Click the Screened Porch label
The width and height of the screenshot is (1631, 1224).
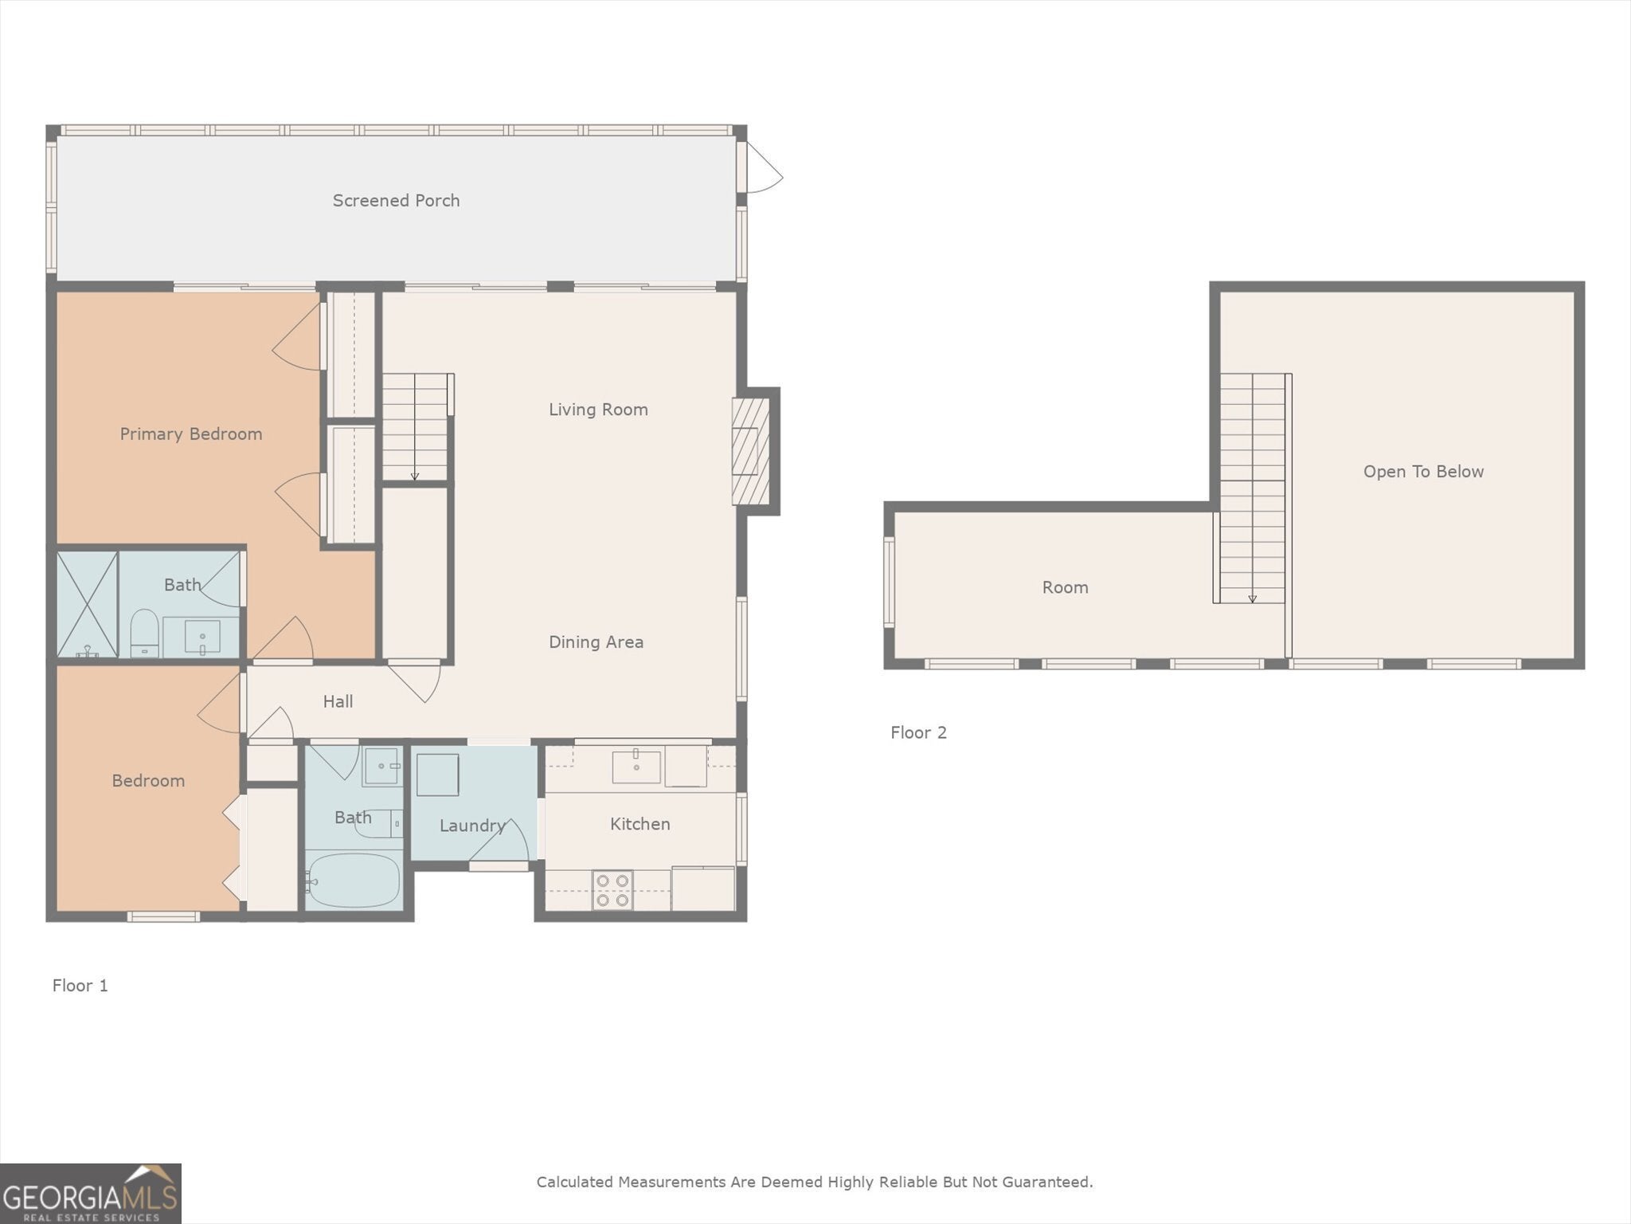[396, 201]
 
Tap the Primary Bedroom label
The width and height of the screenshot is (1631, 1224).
[191, 434]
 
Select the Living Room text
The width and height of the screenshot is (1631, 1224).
[598, 410]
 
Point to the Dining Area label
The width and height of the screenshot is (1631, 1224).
[596, 642]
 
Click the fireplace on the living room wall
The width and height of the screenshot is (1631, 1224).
[751, 451]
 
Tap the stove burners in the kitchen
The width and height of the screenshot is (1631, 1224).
[612, 890]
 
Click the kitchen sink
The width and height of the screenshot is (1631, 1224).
[636, 766]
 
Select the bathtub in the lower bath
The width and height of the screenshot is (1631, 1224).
[354, 881]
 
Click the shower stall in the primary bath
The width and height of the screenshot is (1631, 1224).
[87, 605]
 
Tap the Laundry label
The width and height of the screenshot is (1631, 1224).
[473, 826]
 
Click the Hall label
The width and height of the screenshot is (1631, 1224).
[338, 702]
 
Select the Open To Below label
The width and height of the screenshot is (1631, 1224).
[1423, 472]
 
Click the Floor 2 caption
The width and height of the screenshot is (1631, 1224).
[918, 733]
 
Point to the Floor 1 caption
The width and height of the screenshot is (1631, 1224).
[80, 986]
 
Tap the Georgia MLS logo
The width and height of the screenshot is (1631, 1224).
[91, 1193]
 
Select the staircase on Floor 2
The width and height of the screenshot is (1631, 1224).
[1252, 488]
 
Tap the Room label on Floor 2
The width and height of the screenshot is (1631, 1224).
[1065, 588]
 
